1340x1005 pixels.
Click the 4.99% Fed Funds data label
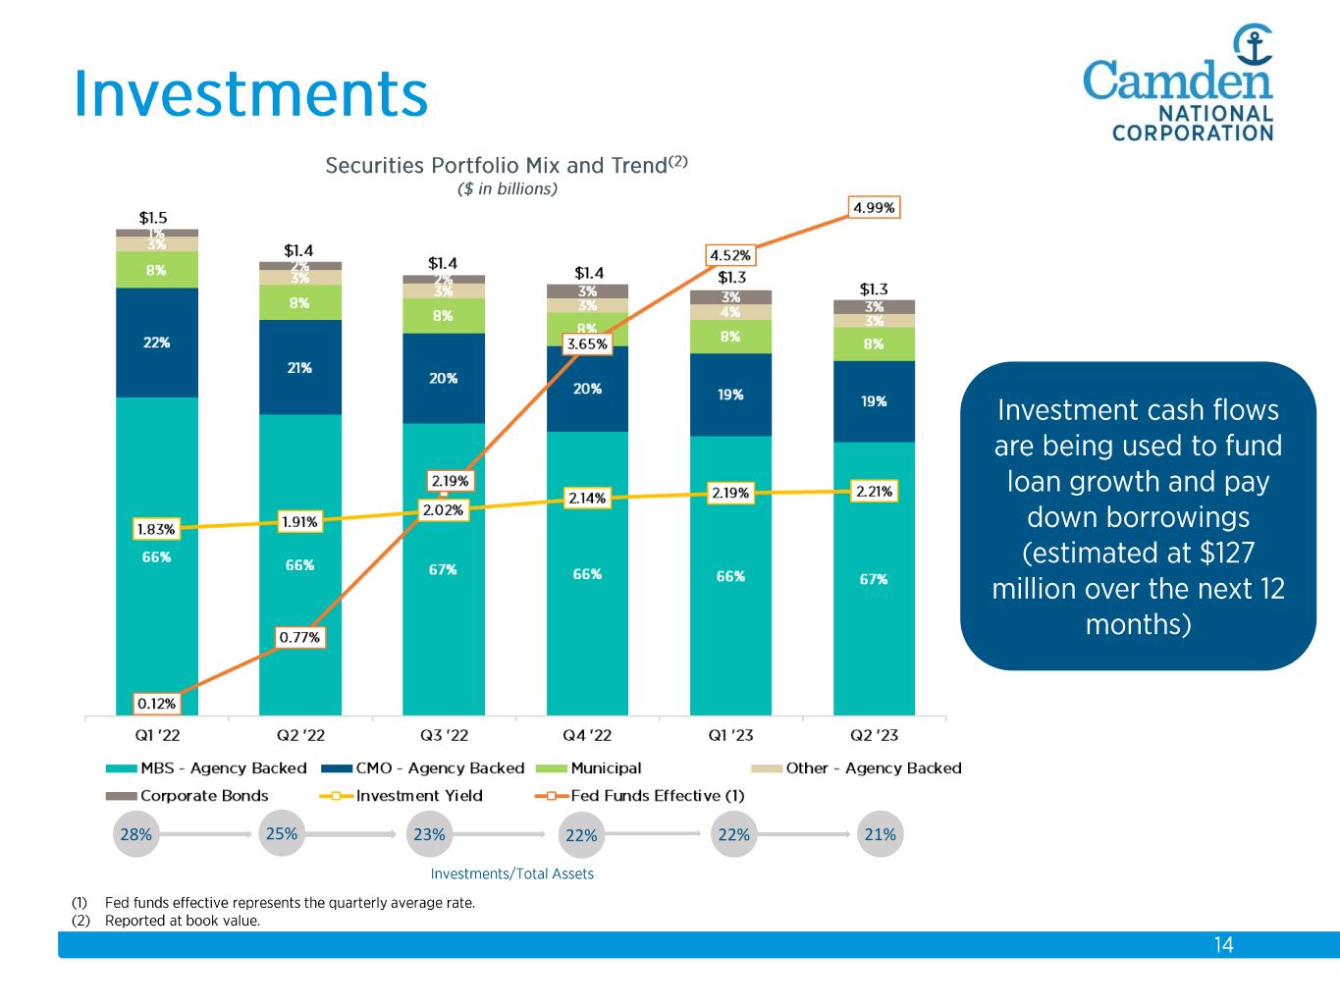click(x=874, y=208)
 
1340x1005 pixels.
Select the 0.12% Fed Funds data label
click(x=156, y=704)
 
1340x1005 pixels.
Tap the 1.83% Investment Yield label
click(x=156, y=529)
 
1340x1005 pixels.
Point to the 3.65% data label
click(x=587, y=344)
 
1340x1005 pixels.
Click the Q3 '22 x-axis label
click(x=444, y=734)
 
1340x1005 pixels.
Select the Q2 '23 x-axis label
click(x=874, y=734)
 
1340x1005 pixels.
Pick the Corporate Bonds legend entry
click(x=204, y=796)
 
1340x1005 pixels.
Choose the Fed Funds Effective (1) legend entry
click(x=657, y=796)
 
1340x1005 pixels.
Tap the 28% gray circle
click(x=135, y=834)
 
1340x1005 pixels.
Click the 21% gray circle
click(x=880, y=834)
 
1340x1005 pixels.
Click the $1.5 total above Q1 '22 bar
click(x=152, y=219)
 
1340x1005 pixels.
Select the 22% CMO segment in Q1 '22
click(x=157, y=343)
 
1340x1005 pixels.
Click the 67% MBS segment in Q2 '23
click(x=874, y=579)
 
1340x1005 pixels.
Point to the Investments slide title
click(x=251, y=94)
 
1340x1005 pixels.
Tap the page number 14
click(x=1223, y=945)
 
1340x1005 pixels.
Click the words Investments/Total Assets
click(x=511, y=873)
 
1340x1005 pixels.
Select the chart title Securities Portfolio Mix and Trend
click(x=497, y=166)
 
